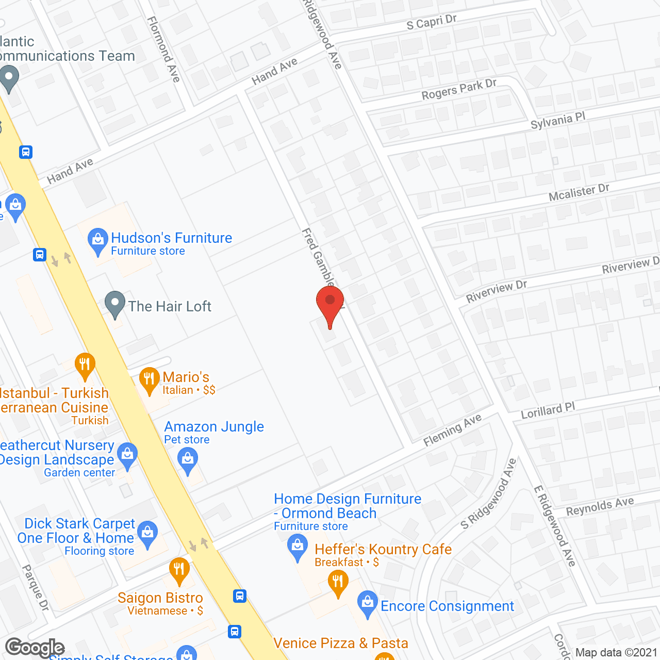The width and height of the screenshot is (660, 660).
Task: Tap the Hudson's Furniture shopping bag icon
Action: pos(97,240)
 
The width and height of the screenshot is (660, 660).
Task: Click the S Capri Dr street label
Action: pos(432,22)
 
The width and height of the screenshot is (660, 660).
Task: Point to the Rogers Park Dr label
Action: pos(459,90)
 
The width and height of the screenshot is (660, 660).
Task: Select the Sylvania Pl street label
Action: pos(558,121)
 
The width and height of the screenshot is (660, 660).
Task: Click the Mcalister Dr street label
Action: pos(579,192)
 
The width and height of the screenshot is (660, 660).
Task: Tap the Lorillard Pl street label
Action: pos(548,411)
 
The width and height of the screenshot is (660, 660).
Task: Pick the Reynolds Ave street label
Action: pos(600,506)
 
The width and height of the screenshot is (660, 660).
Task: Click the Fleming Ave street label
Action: pos(452,430)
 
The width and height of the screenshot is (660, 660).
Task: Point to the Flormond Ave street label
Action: pos(164,49)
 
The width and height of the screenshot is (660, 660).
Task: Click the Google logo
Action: pos(35,648)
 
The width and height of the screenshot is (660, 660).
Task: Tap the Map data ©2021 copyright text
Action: pos(616,652)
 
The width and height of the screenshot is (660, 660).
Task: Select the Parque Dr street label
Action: pos(36,588)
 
